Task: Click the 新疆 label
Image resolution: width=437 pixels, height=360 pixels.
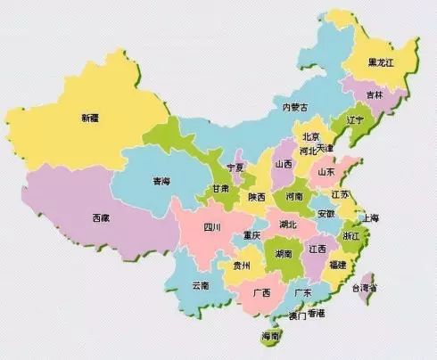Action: click(91, 117)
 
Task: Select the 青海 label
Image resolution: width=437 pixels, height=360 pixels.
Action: click(161, 181)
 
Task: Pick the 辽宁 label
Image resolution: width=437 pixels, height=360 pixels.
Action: click(355, 119)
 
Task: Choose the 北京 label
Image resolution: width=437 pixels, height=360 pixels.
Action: click(311, 136)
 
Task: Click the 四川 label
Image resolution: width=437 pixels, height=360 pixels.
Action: click(211, 227)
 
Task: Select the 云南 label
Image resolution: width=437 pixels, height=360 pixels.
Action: click(201, 285)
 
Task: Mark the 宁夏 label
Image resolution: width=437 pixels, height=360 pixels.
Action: click(235, 168)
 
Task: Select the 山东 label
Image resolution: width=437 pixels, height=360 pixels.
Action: click(326, 171)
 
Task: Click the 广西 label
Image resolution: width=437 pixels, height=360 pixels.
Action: click(261, 292)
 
